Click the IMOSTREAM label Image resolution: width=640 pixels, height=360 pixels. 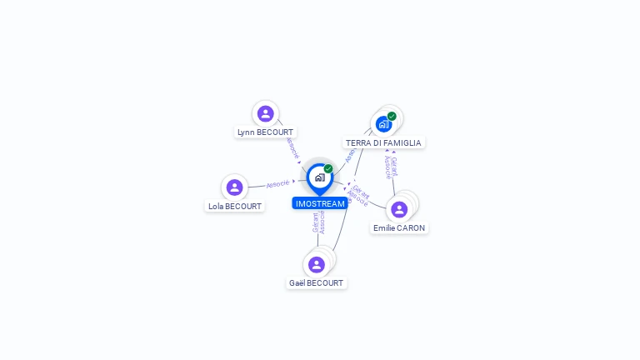click(320, 203)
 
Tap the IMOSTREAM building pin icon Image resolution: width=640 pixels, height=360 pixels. click(319, 177)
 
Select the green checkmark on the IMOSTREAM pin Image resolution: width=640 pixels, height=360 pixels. click(328, 169)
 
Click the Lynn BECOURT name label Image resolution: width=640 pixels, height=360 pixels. click(266, 132)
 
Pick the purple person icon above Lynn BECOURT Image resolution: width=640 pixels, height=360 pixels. click(266, 113)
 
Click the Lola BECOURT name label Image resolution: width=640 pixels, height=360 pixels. click(235, 206)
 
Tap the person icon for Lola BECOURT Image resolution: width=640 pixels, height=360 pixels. click(235, 187)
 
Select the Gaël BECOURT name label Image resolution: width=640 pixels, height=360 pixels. click(316, 282)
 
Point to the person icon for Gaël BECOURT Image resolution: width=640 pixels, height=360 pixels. click(316, 265)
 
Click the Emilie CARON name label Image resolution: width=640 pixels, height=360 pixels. click(399, 227)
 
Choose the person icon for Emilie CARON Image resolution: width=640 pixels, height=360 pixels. click(399, 209)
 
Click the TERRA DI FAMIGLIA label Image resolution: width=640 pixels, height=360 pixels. click(383, 142)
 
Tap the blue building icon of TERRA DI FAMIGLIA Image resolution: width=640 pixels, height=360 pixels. click(383, 124)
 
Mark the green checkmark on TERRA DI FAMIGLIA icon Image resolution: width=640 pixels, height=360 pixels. click(392, 116)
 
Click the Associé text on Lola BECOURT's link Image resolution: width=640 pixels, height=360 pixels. click(277, 183)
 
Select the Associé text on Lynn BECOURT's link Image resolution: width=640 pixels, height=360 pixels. click(292, 148)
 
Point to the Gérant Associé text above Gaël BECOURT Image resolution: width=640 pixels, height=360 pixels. click(318, 222)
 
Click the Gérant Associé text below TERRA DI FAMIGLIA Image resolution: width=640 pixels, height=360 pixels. click(391, 167)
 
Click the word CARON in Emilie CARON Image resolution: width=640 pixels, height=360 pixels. click(411, 227)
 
